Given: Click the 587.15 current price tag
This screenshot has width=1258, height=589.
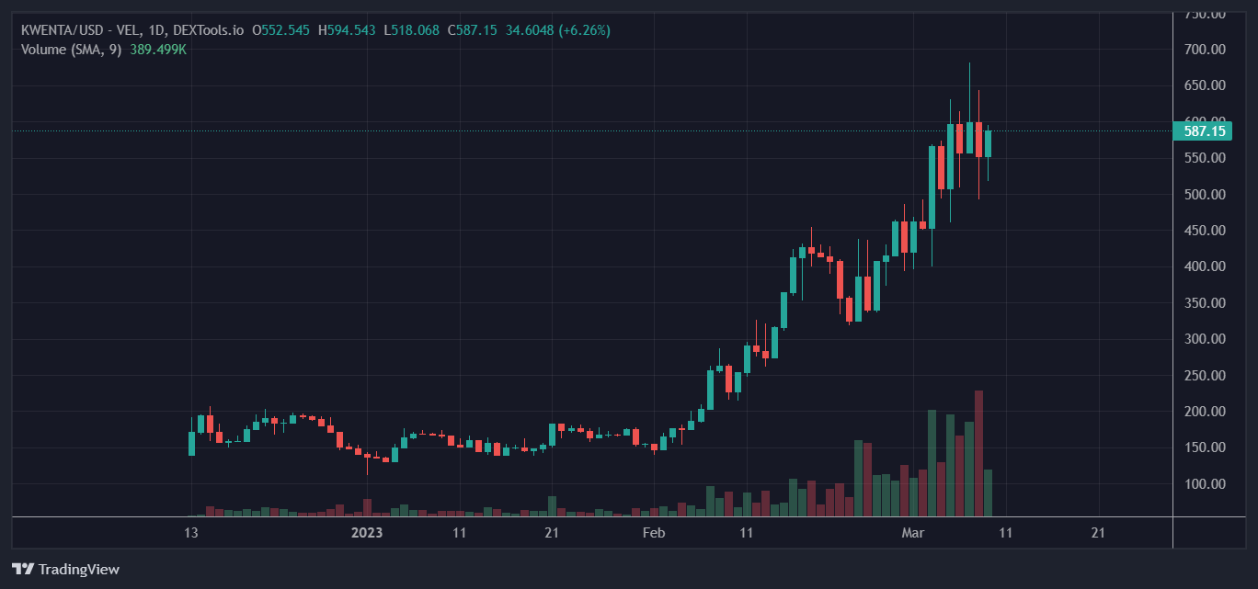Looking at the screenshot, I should coord(1205,131).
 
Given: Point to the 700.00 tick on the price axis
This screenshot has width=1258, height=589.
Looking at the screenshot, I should coord(1205,50).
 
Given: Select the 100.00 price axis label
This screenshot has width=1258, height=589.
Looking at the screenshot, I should coord(1205,484).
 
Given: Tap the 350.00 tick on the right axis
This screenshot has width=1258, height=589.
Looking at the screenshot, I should coord(1205,303).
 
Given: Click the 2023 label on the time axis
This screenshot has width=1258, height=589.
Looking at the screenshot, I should coord(367,532).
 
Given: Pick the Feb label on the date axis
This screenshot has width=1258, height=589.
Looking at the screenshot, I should coord(653,532).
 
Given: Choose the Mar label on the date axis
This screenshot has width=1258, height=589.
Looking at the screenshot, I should coord(912,532).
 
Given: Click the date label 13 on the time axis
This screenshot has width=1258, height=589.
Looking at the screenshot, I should coord(190,532).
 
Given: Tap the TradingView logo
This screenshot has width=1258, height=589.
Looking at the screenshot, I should coord(65,569).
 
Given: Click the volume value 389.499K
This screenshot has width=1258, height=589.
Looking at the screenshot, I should coord(158,50).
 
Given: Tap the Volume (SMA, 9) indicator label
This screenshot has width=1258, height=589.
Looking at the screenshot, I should coord(72,50).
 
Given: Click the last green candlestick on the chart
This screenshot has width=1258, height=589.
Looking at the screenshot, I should coord(988,143).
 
